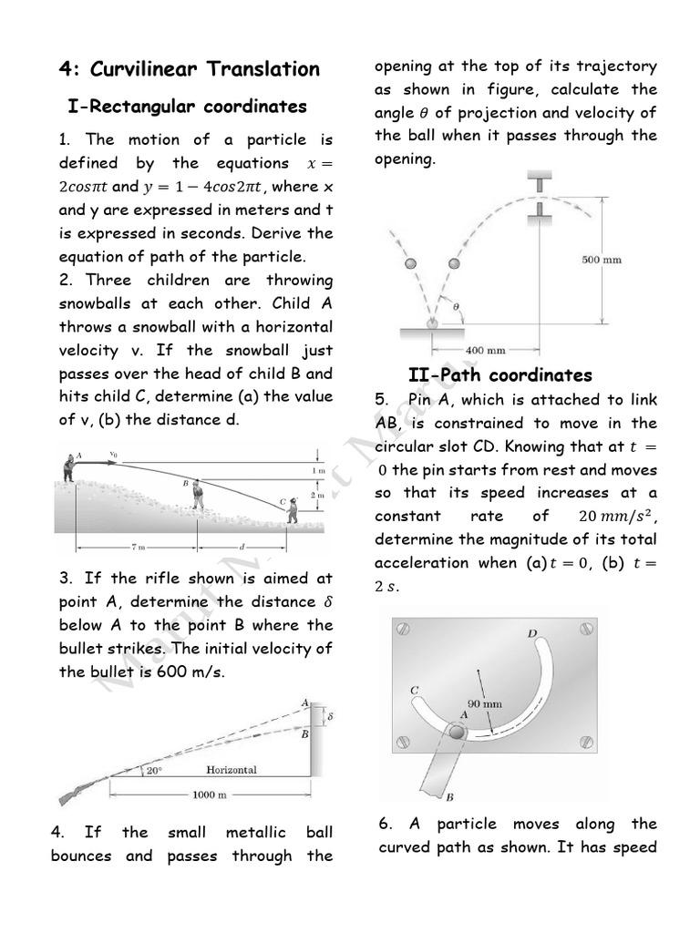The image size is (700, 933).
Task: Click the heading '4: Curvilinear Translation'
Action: [189, 69]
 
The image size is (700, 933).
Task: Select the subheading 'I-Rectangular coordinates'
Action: [187, 107]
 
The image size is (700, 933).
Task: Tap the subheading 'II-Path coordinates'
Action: [499, 375]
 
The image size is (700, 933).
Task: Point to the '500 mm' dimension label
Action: [602, 260]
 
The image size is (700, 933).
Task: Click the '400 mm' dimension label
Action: [484, 349]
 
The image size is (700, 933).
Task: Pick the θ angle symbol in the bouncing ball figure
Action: [456, 308]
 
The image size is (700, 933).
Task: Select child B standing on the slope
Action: [197, 496]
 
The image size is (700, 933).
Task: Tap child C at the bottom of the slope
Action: [291, 511]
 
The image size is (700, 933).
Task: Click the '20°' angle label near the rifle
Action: [155, 771]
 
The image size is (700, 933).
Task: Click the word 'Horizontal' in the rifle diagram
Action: [231, 770]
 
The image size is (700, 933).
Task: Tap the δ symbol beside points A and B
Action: [329, 717]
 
